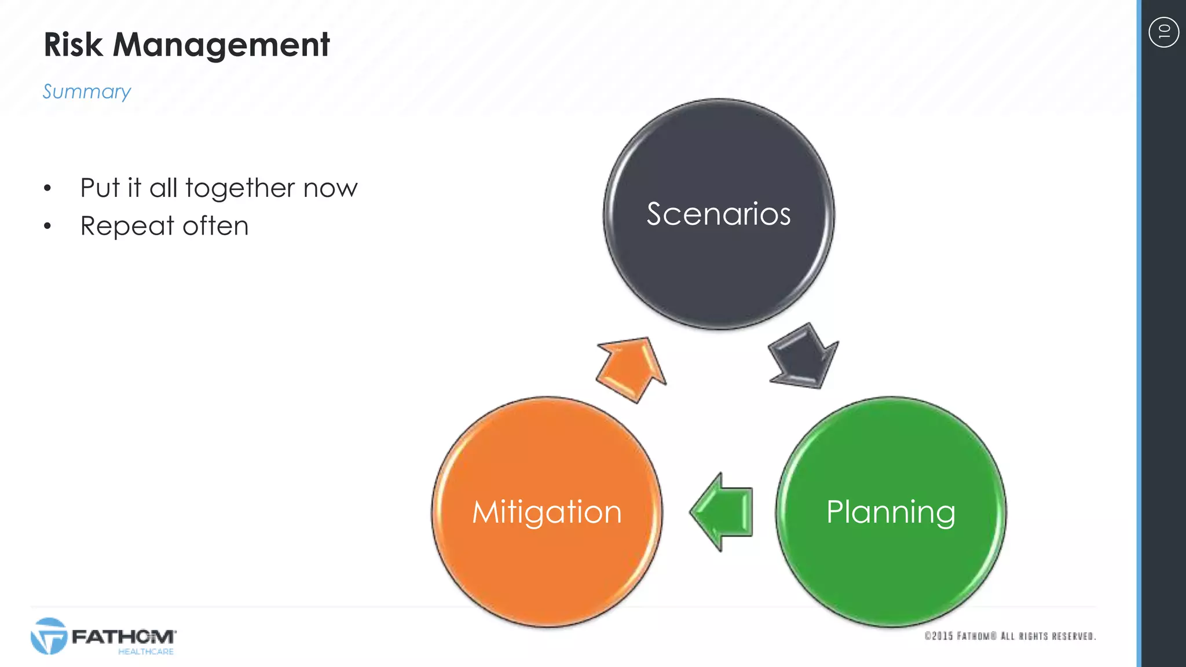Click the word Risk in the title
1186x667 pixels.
pyautogui.click(x=73, y=45)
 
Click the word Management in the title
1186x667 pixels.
pyautogui.click(x=221, y=45)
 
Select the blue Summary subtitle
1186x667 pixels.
pyautogui.click(x=87, y=91)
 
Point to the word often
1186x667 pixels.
pyautogui.click(x=215, y=226)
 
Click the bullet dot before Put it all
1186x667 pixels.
pyautogui.click(x=47, y=188)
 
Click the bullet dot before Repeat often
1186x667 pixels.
pyautogui.click(x=47, y=226)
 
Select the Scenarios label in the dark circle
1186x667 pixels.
pyautogui.click(x=718, y=214)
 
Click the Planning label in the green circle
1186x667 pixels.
pyautogui.click(x=891, y=512)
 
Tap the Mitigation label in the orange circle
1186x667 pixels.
pyautogui.click(x=547, y=512)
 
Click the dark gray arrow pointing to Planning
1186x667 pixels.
pyautogui.click(x=803, y=357)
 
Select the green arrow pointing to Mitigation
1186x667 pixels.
pyautogui.click(x=722, y=512)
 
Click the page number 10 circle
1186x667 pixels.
pyautogui.click(x=1163, y=32)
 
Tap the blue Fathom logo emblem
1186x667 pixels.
pyautogui.click(x=49, y=636)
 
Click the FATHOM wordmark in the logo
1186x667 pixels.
pyautogui.click(x=123, y=637)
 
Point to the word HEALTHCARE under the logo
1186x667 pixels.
pyautogui.click(x=146, y=652)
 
